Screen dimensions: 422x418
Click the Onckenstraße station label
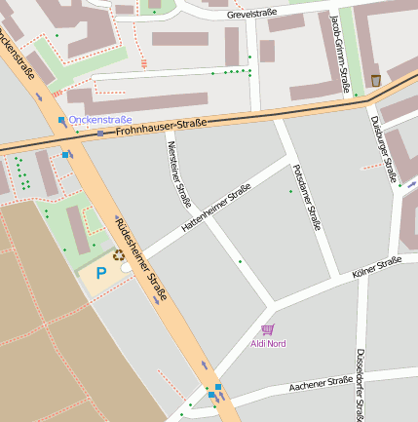[x=99, y=120]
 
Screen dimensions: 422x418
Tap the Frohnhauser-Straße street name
[x=162, y=126]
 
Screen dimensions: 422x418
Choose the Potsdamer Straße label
[x=307, y=197]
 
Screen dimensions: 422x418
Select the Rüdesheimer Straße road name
[x=142, y=257]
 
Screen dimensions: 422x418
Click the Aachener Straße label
[x=321, y=385]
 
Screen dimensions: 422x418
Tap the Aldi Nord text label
[x=268, y=344]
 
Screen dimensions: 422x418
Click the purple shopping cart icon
[x=267, y=329]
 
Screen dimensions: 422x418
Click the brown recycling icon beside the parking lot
[x=119, y=255]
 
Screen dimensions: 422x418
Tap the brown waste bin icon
[x=376, y=80]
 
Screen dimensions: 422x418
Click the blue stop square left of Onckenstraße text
[x=61, y=120]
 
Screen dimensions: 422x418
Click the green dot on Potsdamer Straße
[x=290, y=191]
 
